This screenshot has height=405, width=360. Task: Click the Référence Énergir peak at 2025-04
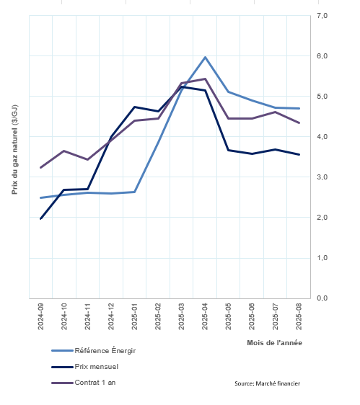205,57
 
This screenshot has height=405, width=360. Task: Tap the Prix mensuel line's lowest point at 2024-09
40,218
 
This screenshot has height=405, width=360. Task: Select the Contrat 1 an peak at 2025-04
205,79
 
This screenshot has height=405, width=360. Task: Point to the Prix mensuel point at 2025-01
135,107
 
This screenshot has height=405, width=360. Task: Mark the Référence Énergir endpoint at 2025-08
299,109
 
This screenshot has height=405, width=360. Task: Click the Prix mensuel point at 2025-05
229,150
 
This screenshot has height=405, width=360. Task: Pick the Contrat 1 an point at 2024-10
64,151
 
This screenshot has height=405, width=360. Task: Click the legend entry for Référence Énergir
94,351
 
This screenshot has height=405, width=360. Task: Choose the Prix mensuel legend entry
85,367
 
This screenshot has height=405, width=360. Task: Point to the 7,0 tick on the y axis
322,16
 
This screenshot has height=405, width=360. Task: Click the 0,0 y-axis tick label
322,298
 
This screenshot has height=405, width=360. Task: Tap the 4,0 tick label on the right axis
322,137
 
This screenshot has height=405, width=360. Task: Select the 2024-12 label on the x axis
111,316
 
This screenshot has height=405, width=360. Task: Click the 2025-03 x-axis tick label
182,316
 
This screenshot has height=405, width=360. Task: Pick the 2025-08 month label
299,316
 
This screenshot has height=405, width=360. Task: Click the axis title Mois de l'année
274,343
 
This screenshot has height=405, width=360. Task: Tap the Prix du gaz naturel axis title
14,150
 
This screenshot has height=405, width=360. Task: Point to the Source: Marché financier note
268,383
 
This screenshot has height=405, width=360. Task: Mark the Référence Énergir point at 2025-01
135,192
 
